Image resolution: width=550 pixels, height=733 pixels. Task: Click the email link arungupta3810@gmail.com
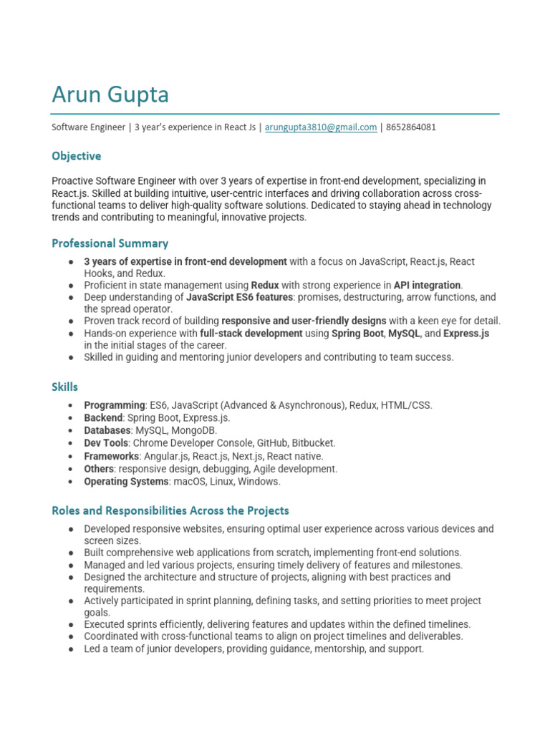[x=321, y=127]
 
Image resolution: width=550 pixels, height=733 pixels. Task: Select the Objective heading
[x=76, y=156]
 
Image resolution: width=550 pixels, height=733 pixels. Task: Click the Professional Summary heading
[x=110, y=243]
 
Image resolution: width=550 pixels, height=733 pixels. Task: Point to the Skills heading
[x=64, y=387]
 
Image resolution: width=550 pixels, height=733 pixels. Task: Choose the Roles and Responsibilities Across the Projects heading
[x=170, y=510]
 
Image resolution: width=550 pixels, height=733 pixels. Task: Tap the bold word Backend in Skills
[x=103, y=418]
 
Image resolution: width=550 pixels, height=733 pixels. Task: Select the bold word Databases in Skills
[x=107, y=431]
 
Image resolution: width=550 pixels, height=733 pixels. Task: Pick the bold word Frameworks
[x=111, y=457]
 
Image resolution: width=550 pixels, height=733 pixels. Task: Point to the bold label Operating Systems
[x=126, y=482]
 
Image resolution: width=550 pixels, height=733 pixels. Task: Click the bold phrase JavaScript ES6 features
[x=240, y=297]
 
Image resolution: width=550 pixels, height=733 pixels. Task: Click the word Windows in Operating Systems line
[x=260, y=482]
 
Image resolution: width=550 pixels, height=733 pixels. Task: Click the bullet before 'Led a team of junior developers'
[x=70, y=649]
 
